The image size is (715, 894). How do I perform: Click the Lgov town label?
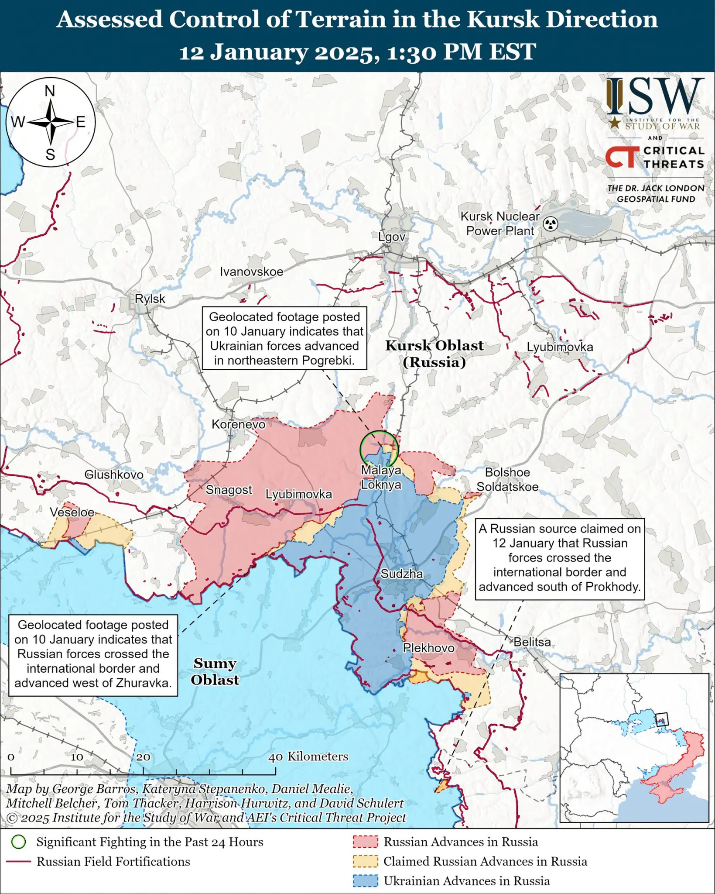click(x=391, y=237)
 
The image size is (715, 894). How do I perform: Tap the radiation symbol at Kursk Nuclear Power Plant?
click(x=551, y=224)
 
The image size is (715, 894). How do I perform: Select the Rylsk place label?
click(x=150, y=299)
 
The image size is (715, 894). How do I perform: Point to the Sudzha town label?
click(x=401, y=574)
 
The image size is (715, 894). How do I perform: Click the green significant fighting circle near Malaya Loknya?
click(x=379, y=449)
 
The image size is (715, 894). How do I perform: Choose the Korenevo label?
click(x=238, y=424)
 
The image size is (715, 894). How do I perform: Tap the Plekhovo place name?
click(x=428, y=648)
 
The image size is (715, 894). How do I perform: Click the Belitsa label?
click(x=532, y=642)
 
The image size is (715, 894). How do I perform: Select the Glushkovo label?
click(x=114, y=475)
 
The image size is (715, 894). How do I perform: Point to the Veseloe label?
click(x=72, y=512)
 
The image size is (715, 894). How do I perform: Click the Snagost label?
click(x=229, y=490)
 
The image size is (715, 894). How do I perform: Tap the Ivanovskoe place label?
click(x=251, y=272)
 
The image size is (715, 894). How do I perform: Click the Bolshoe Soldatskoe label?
click(x=507, y=479)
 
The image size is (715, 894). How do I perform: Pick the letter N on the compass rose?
click(x=50, y=91)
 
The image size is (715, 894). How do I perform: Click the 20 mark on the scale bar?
click(x=143, y=757)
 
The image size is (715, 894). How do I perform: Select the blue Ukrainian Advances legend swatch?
click(x=365, y=881)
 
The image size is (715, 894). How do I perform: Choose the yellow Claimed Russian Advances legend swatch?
click(x=365, y=861)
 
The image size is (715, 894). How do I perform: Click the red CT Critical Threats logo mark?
click(x=620, y=157)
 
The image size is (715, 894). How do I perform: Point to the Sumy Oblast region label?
click(x=215, y=671)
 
